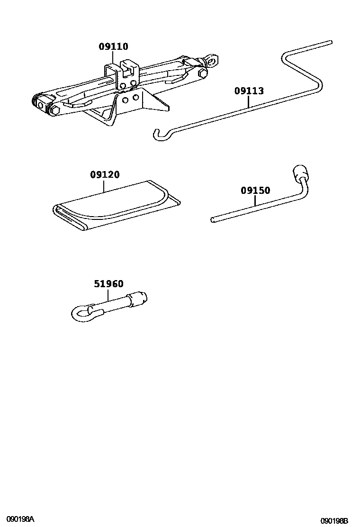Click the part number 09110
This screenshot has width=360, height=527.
pos(113,46)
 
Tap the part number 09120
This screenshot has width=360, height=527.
pos(105,175)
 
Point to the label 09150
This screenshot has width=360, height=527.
pos(255,191)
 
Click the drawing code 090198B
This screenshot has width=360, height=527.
pos(334,520)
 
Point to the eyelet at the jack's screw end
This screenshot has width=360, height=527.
pos(213,60)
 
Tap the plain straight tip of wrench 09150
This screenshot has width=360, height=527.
pos(214,219)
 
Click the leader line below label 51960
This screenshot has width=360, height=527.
pos(108,296)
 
